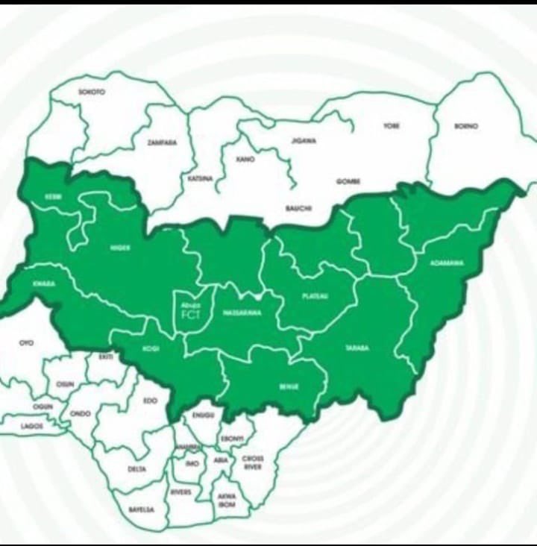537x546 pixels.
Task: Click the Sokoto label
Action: click(x=92, y=92)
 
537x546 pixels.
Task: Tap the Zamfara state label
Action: click(x=162, y=142)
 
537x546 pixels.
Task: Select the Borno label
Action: click(x=466, y=126)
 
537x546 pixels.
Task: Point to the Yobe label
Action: click(x=392, y=126)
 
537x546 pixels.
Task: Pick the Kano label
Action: click(x=245, y=159)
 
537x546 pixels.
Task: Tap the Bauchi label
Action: click(x=298, y=208)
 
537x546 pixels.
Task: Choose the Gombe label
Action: click(x=348, y=181)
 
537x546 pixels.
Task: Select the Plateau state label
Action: click(x=315, y=296)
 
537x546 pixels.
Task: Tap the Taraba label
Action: click(x=357, y=348)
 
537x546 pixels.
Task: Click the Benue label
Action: click(x=289, y=387)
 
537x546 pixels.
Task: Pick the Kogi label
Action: click(x=151, y=348)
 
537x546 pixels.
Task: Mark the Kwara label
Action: click(x=44, y=284)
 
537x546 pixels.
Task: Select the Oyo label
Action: click(x=26, y=342)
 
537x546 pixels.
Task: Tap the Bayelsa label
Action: click(x=141, y=509)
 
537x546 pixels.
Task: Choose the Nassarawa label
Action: click(x=242, y=313)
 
